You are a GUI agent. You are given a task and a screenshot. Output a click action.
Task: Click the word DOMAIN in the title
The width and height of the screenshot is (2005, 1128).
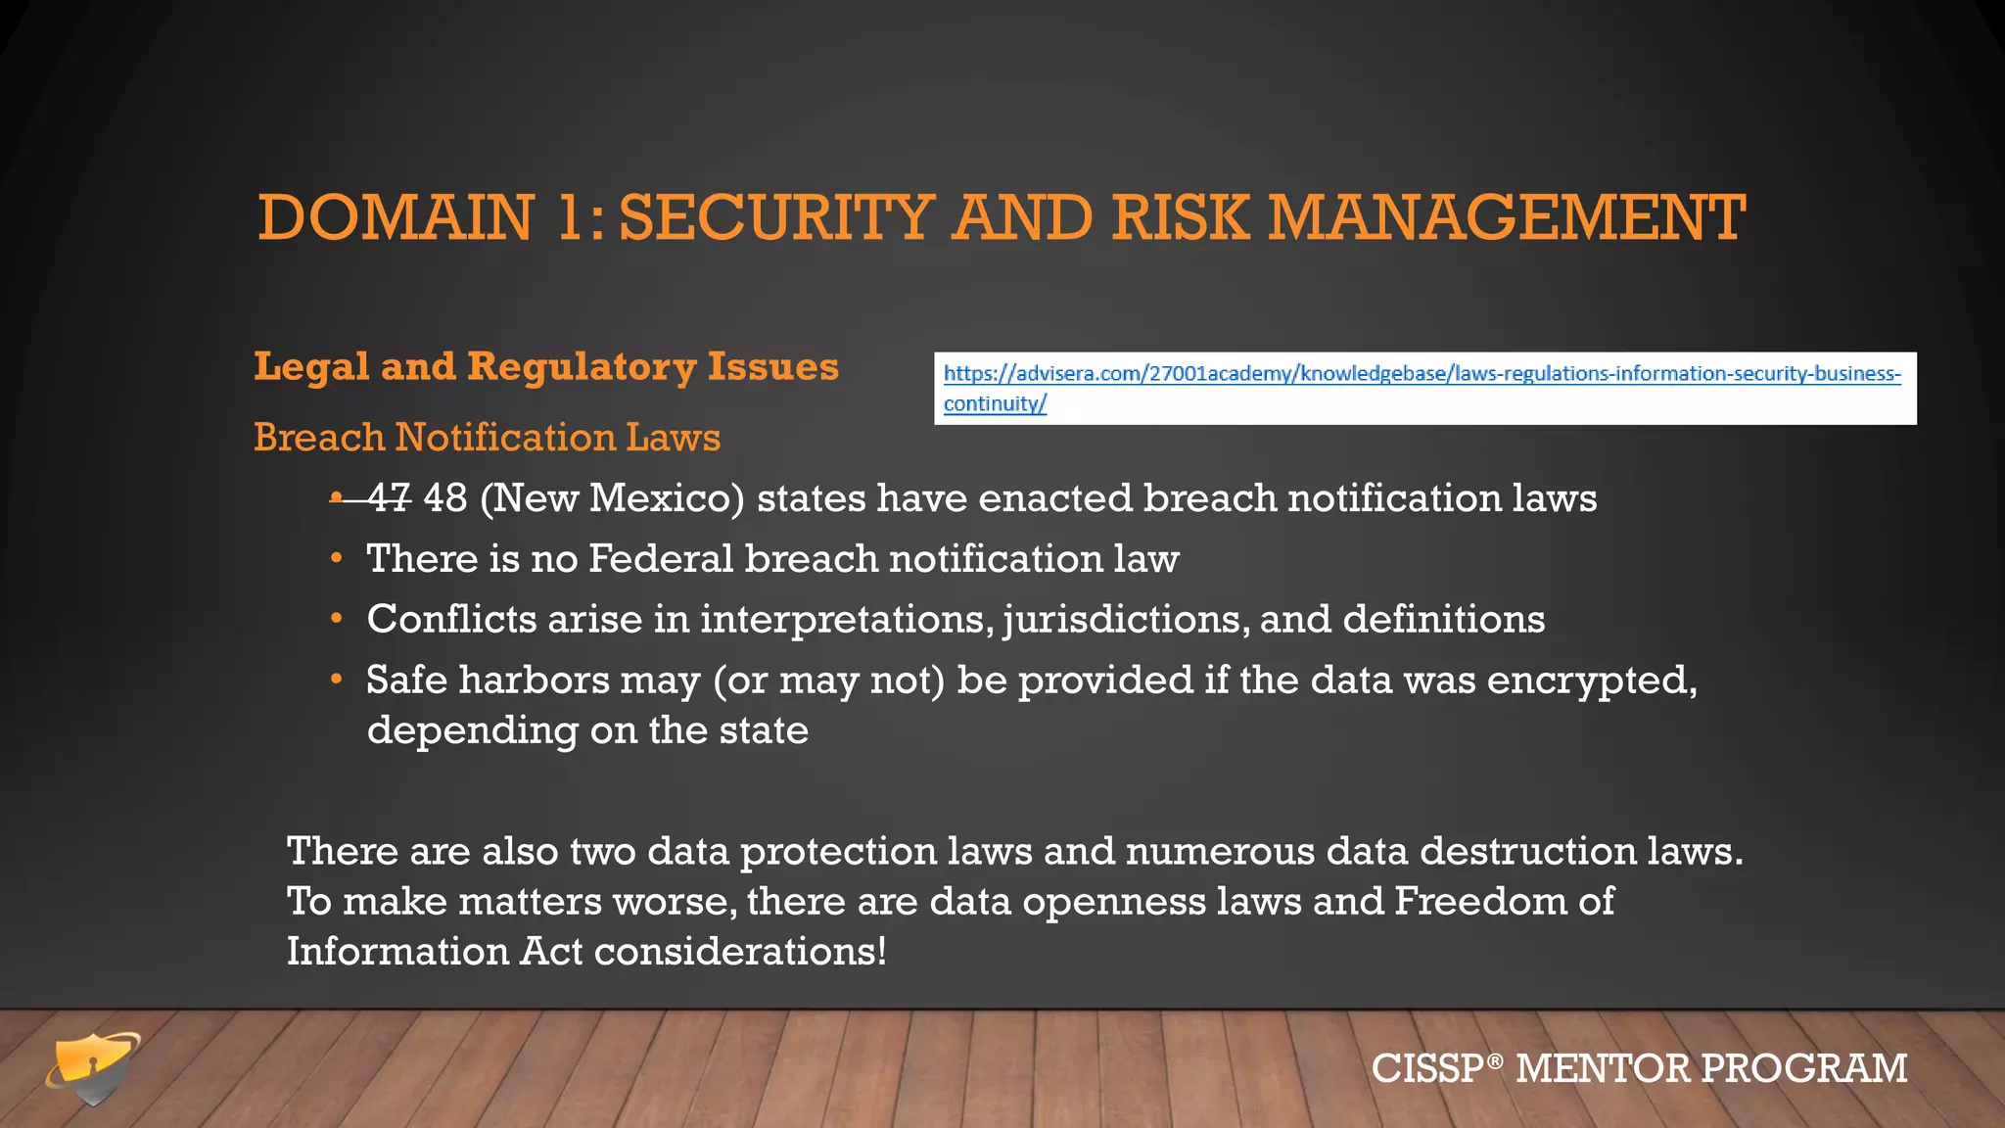[x=396, y=217]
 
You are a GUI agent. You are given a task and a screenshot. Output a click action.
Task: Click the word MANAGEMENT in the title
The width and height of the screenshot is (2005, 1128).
[x=1507, y=217]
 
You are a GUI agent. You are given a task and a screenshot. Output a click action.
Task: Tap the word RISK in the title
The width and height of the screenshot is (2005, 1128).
[x=1181, y=217]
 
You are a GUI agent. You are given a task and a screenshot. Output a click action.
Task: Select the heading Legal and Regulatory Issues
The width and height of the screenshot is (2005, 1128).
[x=546, y=367]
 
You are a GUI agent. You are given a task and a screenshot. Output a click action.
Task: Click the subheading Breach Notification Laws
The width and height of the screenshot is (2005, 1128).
[x=487, y=438]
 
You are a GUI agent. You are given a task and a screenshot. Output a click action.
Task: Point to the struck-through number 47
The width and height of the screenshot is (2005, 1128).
[x=389, y=498]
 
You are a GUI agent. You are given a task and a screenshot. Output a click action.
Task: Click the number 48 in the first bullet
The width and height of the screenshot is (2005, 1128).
[x=445, y=498]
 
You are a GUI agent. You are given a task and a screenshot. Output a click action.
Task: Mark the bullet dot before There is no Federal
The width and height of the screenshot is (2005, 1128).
[x=336, y=559]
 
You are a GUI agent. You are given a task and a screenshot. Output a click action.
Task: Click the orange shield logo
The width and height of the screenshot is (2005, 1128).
[x=93, y=1067]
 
